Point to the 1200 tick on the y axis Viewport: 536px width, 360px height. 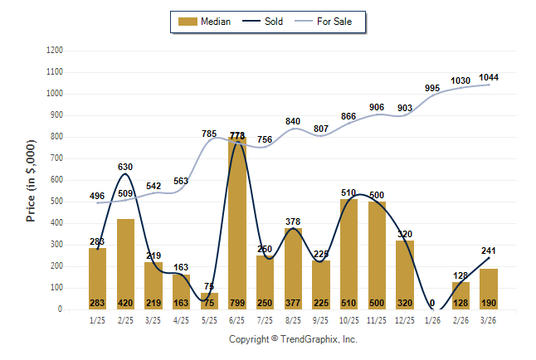click(54, 51)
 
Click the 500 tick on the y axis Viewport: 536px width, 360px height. click(56, 202)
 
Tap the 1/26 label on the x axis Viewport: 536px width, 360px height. click(433, 319)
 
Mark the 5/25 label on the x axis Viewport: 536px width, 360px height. click(209, 319)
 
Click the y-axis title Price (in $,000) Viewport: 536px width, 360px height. click(31, 180)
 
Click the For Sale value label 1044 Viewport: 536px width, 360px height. click(489, 77)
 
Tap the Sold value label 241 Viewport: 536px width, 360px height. click(489, 251)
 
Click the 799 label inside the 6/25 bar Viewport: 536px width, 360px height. click(237, 303)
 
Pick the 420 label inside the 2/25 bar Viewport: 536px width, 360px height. click(125, 303)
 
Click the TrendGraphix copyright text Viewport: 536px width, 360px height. click(293, 339)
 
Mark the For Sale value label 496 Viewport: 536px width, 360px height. click(97, 196)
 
